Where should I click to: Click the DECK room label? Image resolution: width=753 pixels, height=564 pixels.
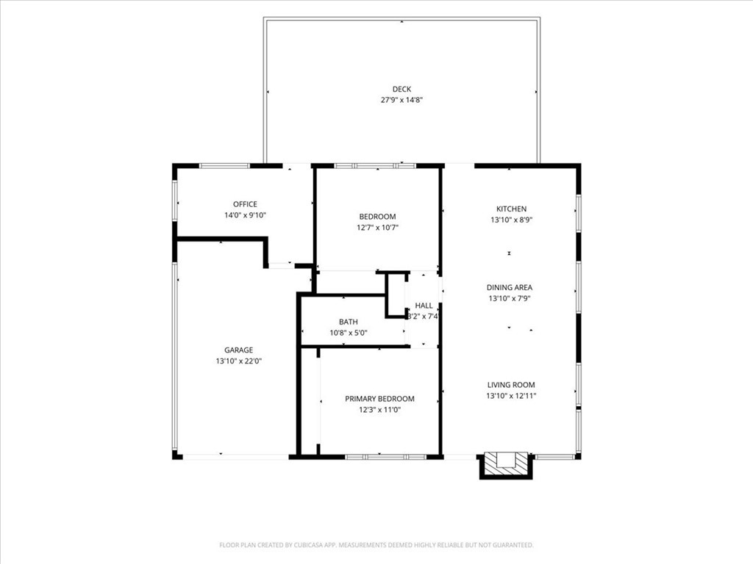(402, 89)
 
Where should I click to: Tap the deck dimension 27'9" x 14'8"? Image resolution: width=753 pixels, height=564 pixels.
(402, 100)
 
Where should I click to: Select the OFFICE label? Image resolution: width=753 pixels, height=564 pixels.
(245, 204)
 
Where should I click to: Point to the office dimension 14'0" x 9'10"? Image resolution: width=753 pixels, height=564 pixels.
(245, 215)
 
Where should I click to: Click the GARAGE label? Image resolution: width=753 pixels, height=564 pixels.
(239, 350)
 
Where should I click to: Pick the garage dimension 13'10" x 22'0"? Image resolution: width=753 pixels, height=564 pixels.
(239, 361)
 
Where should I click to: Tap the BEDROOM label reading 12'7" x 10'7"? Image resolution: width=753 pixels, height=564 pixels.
(377, 217)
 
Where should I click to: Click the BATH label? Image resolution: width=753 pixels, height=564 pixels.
(348, 322)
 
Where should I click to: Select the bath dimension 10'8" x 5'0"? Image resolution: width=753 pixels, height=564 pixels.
(348, 333)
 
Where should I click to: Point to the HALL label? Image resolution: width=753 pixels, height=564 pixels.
(424, 305)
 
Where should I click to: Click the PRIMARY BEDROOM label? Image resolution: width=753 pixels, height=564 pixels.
(379, 399)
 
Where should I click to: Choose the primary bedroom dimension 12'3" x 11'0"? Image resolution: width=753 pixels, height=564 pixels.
(379, 410)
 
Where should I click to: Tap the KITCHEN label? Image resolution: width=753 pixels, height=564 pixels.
(512, 209)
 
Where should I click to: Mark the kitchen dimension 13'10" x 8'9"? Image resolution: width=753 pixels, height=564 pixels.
(512, 220)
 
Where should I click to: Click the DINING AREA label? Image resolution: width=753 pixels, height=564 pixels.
(510, 288)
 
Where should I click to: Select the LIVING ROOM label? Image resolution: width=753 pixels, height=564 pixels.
(511, 385)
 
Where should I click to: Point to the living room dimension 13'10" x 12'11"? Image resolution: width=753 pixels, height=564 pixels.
(511, 396)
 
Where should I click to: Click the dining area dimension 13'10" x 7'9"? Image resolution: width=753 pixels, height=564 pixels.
(510, 298)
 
